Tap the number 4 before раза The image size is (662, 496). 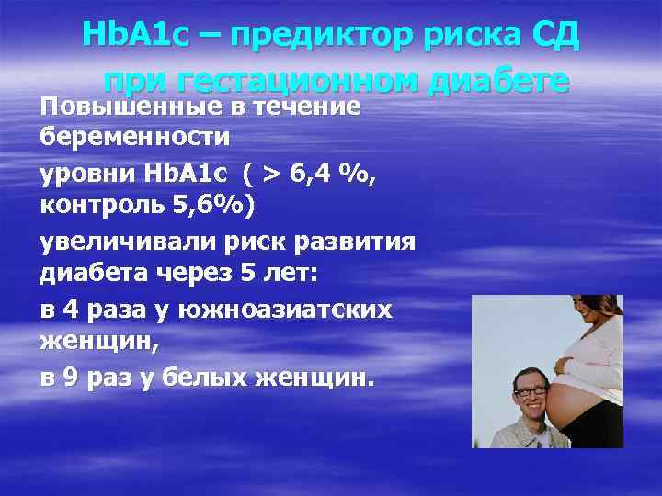(73, 310)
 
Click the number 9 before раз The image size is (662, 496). (73, 379)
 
